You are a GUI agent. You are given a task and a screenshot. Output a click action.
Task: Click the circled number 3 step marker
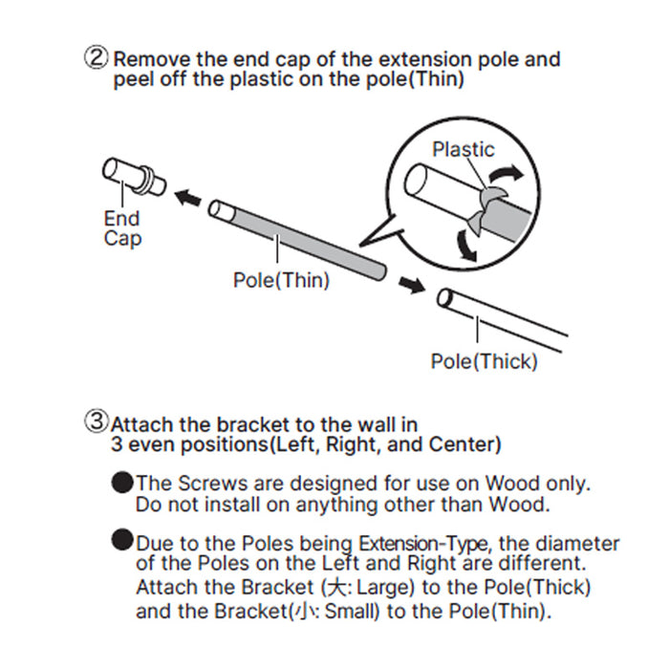pos(98,421)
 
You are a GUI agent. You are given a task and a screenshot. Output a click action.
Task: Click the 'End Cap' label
pos(121,228)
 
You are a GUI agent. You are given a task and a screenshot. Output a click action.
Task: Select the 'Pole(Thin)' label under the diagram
pos(281,281)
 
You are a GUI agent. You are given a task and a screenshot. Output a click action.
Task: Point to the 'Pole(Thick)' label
pos(484,361)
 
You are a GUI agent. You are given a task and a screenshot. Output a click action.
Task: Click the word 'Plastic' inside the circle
pos(464,150)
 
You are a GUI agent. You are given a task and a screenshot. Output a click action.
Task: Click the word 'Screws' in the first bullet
pos(203,484)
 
